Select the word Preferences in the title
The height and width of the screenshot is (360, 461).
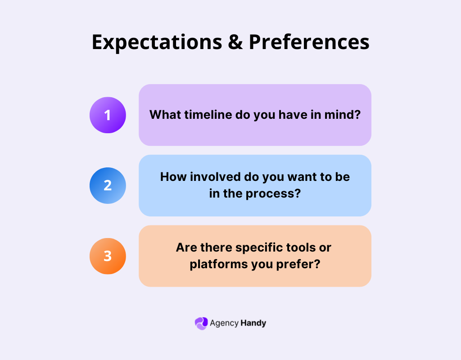click(309, 42)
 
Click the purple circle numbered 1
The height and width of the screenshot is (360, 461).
click(108, 115)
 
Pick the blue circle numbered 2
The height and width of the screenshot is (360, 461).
click(108, 185)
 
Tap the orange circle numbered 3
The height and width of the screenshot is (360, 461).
click(108, 256)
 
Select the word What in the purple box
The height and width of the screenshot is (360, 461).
click(165, 115)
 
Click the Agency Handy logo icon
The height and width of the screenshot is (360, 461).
click(201, 323)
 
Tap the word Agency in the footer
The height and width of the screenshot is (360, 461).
click(224, 323)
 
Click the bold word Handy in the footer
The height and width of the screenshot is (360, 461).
click(253, 323)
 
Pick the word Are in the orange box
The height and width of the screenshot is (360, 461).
click(185, 247)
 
